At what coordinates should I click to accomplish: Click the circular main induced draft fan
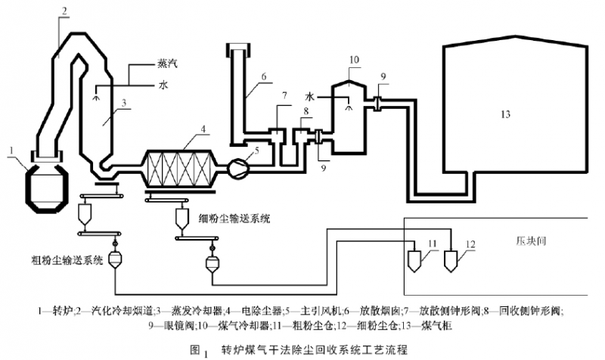pos(238,166)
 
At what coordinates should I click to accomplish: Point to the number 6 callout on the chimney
pos(263,76)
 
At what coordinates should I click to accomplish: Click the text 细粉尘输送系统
pos(233,219)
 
